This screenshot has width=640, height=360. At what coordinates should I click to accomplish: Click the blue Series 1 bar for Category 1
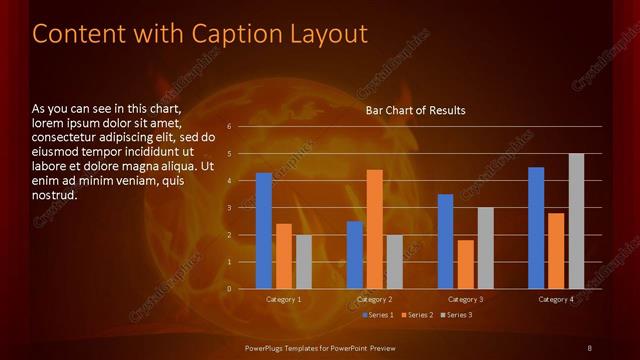(x=263, y=231)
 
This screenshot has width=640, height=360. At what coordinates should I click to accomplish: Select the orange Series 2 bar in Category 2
(x=375, y=229)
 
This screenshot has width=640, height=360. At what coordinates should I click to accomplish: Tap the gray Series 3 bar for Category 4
(x=576, y=221)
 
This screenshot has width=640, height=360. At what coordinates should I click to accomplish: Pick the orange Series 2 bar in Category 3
(x=465, y=264)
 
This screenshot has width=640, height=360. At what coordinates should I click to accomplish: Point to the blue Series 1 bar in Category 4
(x=536, y=228)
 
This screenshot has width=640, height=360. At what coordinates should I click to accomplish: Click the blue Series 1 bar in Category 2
(x=355, y=255)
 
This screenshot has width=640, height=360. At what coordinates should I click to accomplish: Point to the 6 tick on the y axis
(x=229, y=127)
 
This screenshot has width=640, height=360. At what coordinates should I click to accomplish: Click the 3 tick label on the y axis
(x=229, y=208)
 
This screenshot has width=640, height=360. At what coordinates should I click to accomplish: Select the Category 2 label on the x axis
(x=374, y=299)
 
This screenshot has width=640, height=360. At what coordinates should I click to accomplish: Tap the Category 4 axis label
(x=556, y=299)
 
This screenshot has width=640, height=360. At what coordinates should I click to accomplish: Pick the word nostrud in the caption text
(x=55, y=195)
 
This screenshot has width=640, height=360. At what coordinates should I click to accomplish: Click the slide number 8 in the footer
(x=589, y=347)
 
